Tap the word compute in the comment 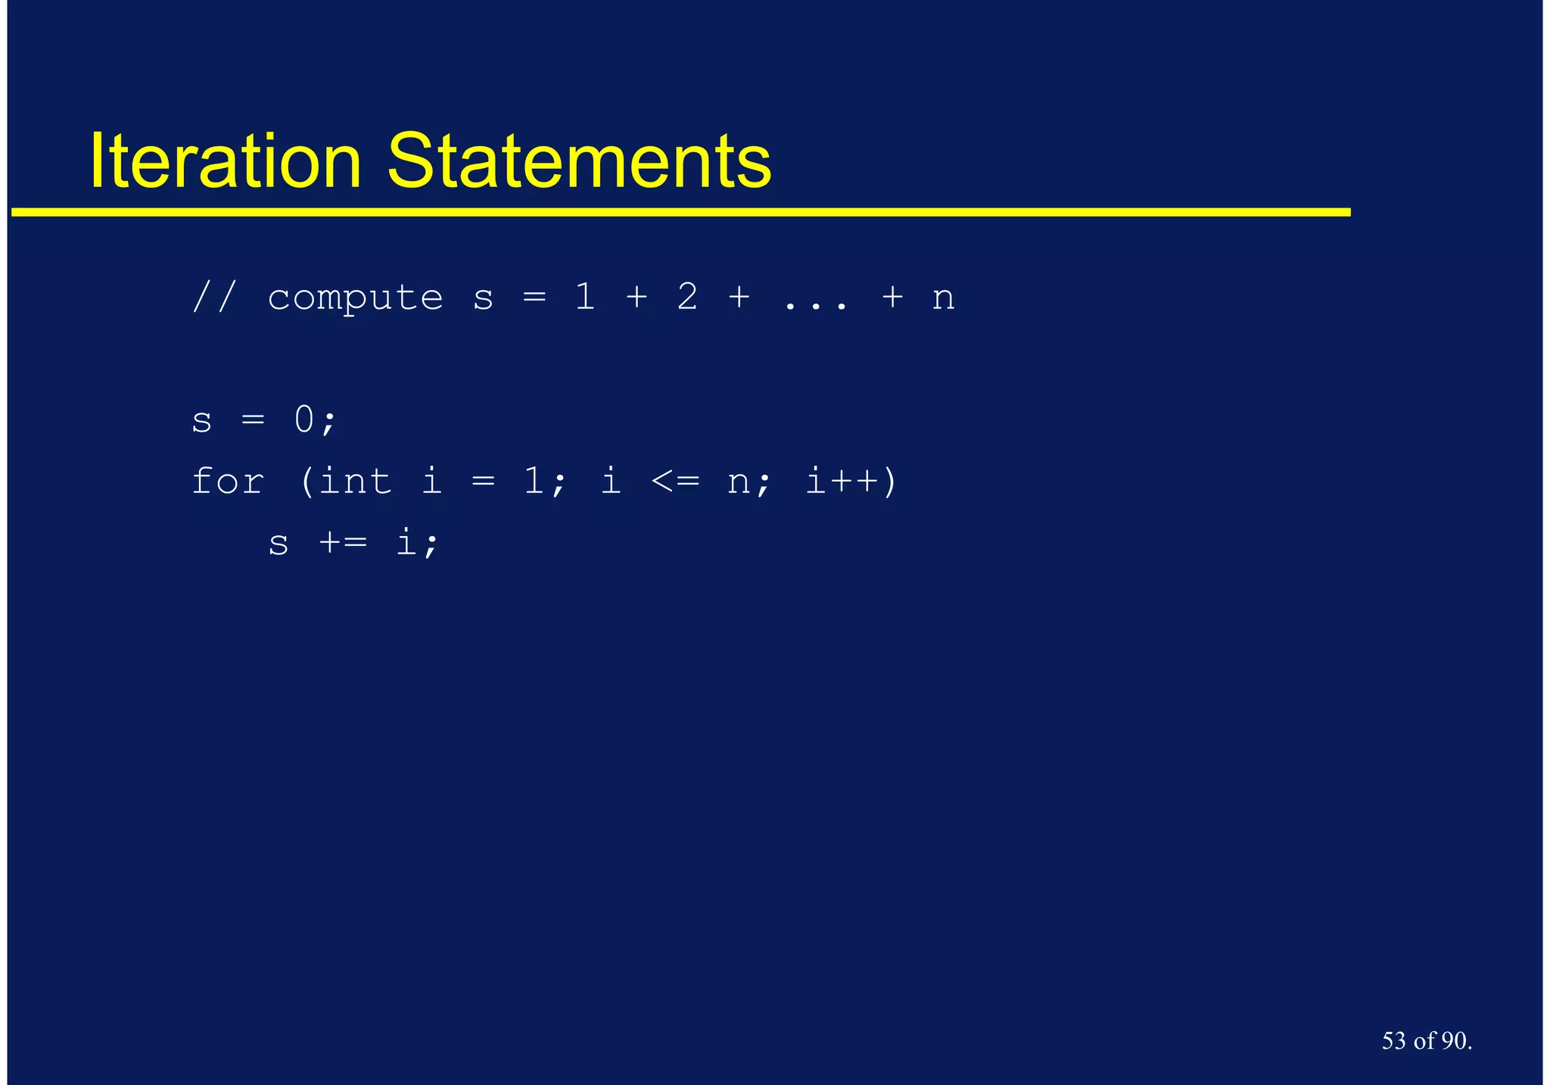[x=355, y=298]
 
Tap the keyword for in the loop [x=228, y=481]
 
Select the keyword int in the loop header [x=356, y=481]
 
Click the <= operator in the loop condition [x=675, y=481]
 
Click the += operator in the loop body [x=343, y=543]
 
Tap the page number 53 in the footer [x=1394, y=1041]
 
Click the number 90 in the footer [x=1454, y=1041]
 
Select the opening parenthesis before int [x=307, y=482]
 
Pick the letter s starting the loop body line [x=279, y=544]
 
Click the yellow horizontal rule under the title [x=681, y=212]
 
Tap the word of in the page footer [x=1424, y=1041]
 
